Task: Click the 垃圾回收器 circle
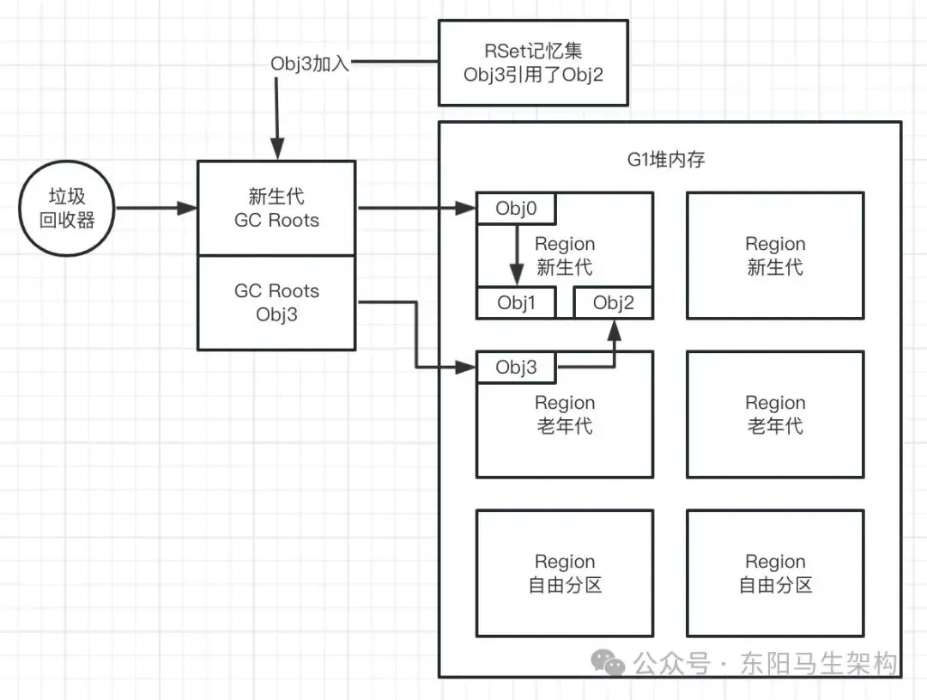(x=68, y=209)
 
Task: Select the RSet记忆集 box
(x=533, y=64)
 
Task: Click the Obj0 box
(x=516, y=207)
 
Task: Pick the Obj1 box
(x=516, y=303)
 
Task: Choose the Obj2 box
(x=613, y=303)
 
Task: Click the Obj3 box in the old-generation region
(x=516, y=368)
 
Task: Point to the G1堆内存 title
(x=665, y=159)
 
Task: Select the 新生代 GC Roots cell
(x=276, y=208)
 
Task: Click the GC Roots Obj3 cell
(x=276, y=302)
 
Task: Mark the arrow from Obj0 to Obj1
(x=517, y=253)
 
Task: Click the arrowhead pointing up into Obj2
(x=615, y=327)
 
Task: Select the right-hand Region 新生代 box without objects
(x=775, y=256)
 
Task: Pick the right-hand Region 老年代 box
(x=775, y=414)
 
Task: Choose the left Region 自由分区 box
(x=564, y=573)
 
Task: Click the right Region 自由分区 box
(x=775, y=573)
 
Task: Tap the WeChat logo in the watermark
(x=612, y=663)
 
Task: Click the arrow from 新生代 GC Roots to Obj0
(x=416, y=208)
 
